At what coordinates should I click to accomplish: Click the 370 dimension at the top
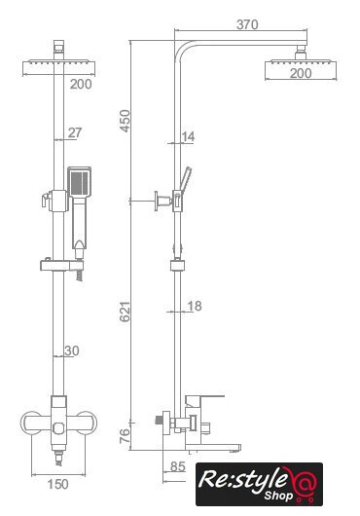[x=247, y=24]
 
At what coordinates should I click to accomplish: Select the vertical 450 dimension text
[x=125, y=121]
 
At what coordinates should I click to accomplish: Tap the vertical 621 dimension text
[x=125, y=312]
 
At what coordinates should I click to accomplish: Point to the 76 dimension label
[x=125, y=436]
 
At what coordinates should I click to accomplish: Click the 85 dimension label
[x=178, y=466]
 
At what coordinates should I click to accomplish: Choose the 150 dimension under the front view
[x=57, y=484]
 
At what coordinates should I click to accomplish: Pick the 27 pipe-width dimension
[x=75, y=133]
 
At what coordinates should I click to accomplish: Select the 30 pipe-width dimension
[x=72, y=351]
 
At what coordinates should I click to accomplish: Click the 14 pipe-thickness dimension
[x=188, y=136]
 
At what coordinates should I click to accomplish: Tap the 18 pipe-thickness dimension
[x=195, y=306]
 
